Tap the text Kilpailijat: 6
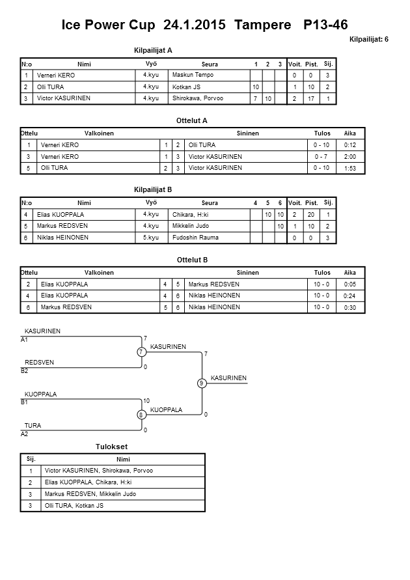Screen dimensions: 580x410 click(369, 39)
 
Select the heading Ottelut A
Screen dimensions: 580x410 click(192, 120)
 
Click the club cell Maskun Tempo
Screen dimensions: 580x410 click(193, 75)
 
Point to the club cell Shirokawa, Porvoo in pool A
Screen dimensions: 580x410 click(198, 98)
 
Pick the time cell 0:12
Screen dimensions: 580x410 click(349, 145)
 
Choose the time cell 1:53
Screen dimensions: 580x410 click(349, 168)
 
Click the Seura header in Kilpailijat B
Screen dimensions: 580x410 click(210, 202)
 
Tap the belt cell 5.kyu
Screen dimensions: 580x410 click(151, 238)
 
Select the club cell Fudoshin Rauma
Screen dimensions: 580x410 click(195, 238)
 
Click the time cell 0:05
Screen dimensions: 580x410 click(349, 284)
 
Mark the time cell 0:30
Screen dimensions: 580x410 click(349, 307)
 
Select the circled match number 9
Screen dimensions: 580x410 click(202, 383)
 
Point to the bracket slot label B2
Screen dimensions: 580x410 click(25, 370)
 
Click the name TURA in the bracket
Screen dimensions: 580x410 click(33, 425)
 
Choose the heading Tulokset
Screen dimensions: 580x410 click(111, 447)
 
